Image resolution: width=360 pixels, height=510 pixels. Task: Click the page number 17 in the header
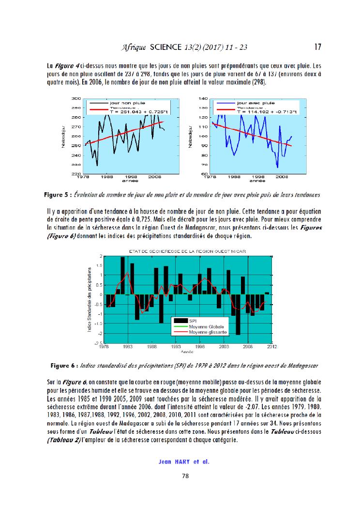coord(318,47)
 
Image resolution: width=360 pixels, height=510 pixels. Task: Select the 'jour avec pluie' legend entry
coord(254,103)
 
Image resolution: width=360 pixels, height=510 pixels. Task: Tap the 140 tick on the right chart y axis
coord(204,98)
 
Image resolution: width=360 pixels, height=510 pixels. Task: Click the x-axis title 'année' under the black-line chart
coord(129,182)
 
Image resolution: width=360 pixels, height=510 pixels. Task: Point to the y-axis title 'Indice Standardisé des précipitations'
coord(90,300)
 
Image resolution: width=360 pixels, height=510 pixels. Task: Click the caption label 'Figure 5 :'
coord(58,195)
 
